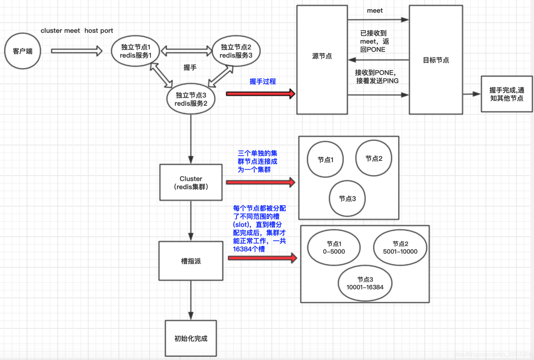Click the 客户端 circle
coord(23,51)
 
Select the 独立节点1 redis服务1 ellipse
coord(135,51)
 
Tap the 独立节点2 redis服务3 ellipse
coord(236,51)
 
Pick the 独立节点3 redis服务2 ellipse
coord(191,99)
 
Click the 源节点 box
coord(322,60)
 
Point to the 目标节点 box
coord(436,60)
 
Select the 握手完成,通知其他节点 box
coord(506,94)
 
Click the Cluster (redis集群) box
coord(191,182)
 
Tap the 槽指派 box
coord(191,261)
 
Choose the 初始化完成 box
coord(191,338)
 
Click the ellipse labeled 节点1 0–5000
coord(334,248)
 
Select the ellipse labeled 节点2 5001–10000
coord(400,248)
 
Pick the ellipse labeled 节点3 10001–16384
coord(365,283)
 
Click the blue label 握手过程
coord(263,82)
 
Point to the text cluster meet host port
coord(77,31)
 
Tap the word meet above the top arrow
coord(375,11)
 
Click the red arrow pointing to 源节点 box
coord(260,94)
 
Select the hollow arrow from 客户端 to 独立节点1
coord(76,51)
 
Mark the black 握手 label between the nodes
coord(190,68)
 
